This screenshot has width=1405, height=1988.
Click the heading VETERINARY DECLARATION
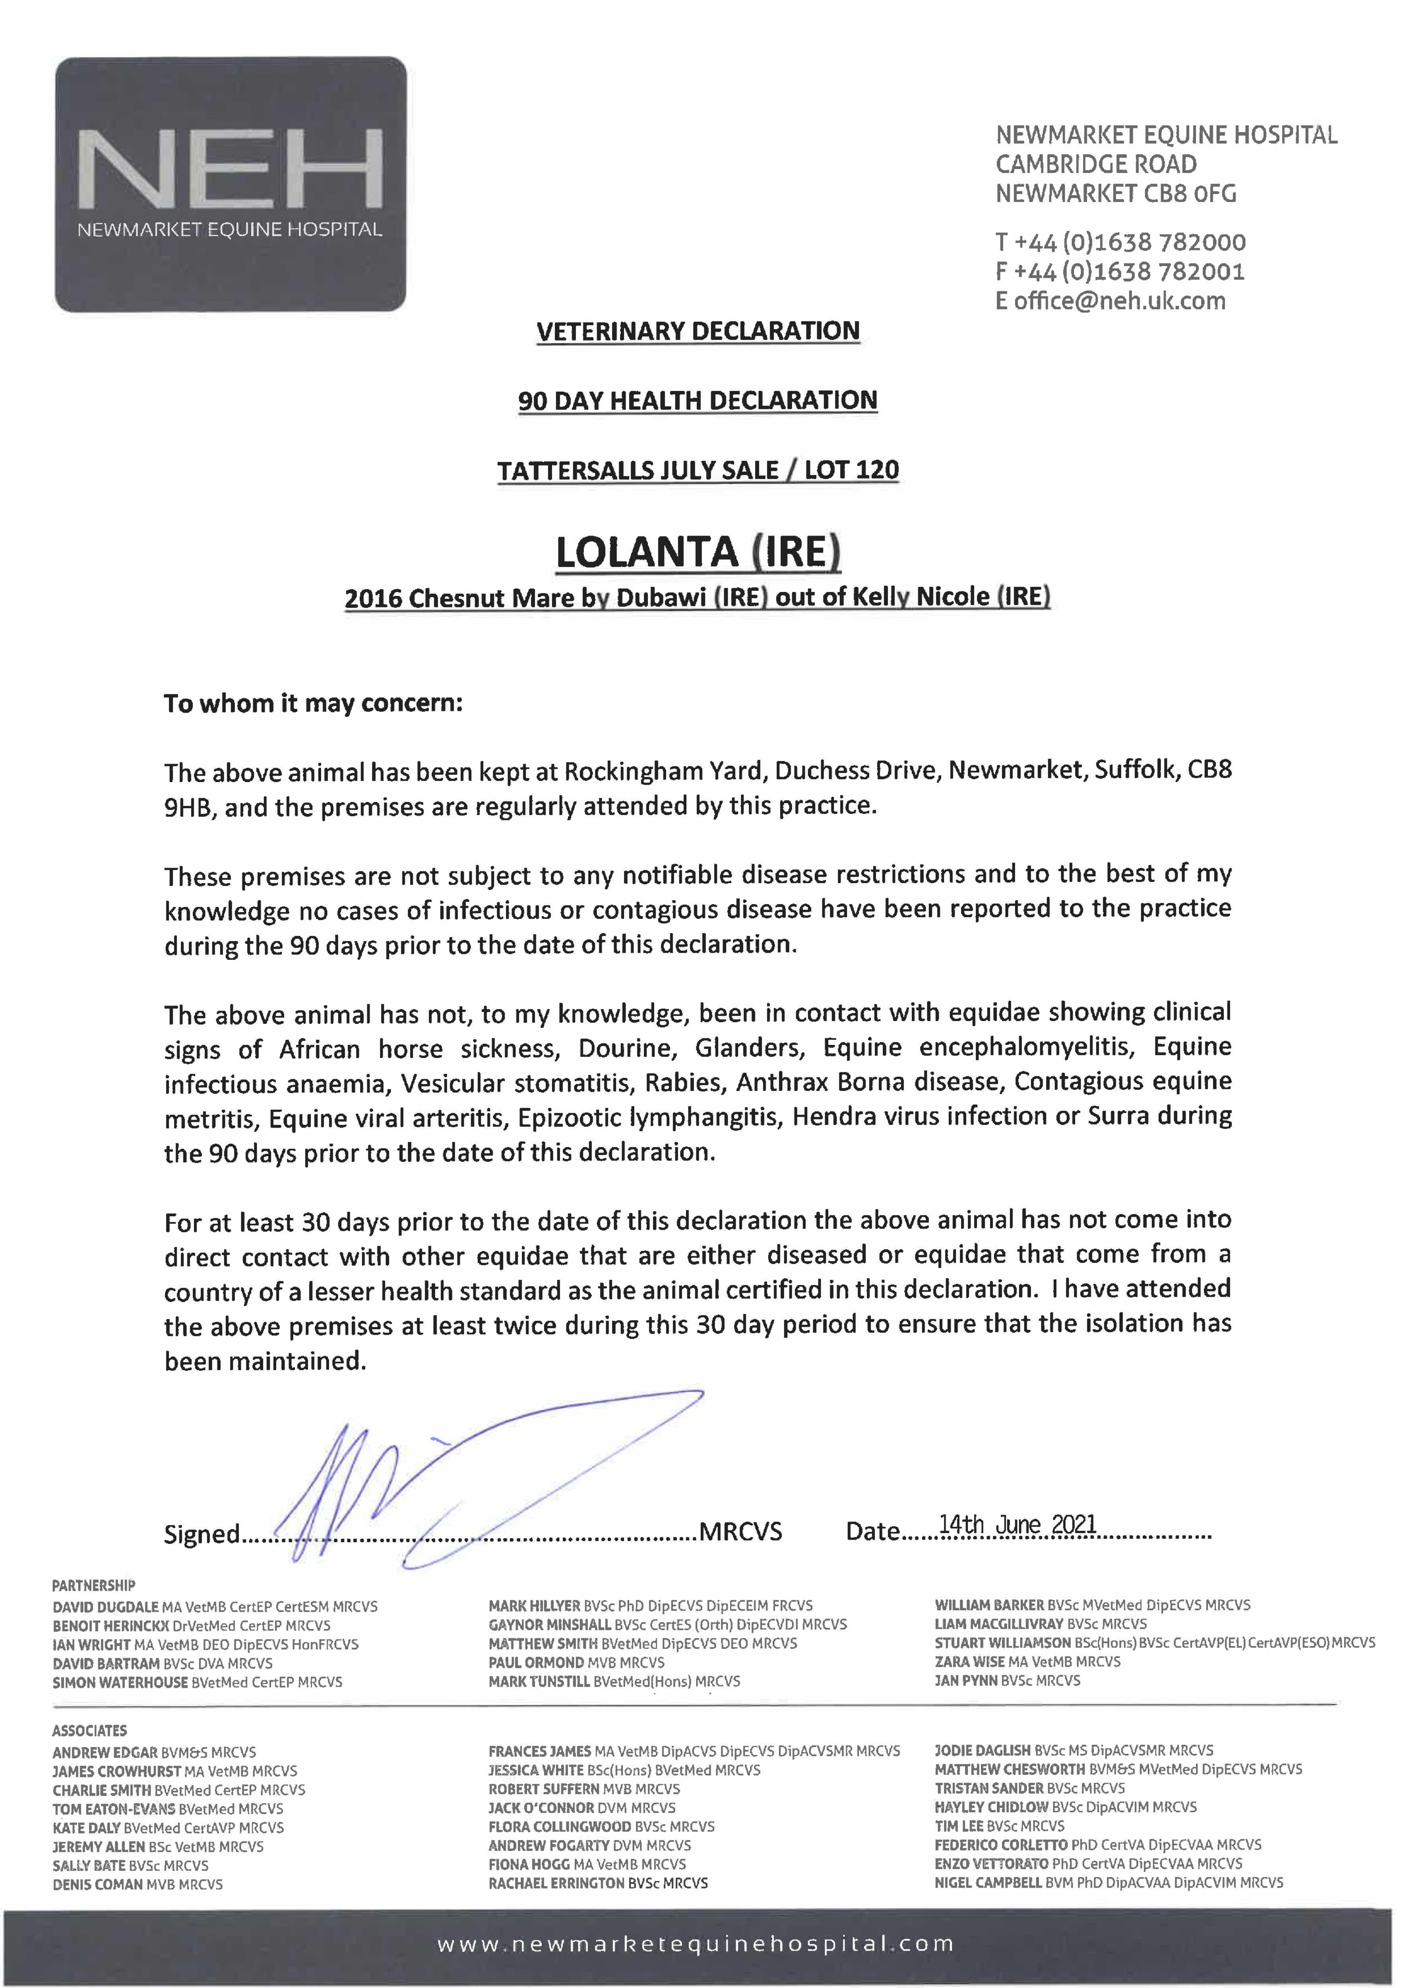click(x=698, y=332)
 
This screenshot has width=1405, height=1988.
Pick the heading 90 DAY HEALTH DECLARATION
click(x=698, y=401)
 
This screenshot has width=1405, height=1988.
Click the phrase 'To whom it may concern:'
click(x=313, y=703)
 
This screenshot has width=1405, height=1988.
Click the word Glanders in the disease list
click(x=750, y=1048)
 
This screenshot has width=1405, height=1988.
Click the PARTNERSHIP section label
click(x=93, y=1585)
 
